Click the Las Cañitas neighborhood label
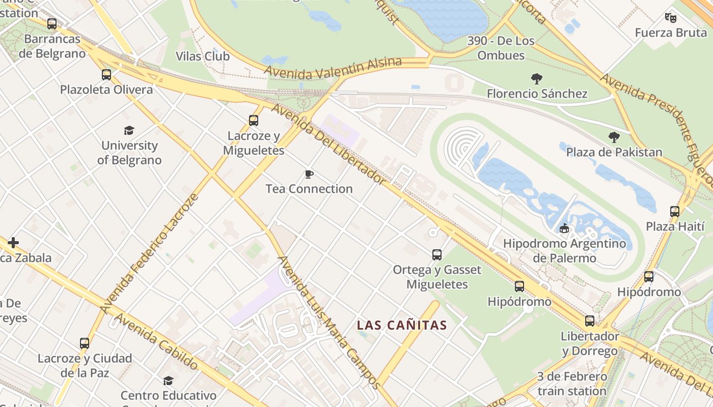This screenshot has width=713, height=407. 402,325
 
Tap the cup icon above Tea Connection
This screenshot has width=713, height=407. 309,175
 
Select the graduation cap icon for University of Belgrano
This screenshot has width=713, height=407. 129,131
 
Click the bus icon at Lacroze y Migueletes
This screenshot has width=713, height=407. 254,121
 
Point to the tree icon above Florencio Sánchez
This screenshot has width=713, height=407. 536,79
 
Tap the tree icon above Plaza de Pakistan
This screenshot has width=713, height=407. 614,137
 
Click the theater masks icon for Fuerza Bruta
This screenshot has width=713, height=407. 671,18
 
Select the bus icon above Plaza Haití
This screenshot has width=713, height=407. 675,212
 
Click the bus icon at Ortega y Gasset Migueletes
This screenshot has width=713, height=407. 437,255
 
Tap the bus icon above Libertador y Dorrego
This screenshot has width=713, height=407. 590,321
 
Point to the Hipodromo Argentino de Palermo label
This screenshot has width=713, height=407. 564,251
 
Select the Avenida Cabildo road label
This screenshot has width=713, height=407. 156,341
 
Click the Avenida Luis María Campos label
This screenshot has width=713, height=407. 328,322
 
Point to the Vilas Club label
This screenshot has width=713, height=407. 203,56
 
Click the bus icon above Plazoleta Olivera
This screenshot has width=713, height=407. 106,75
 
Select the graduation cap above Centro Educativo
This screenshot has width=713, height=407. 168,381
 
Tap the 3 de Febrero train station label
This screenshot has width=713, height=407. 572,384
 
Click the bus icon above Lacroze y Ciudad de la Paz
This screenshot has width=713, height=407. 85,343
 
